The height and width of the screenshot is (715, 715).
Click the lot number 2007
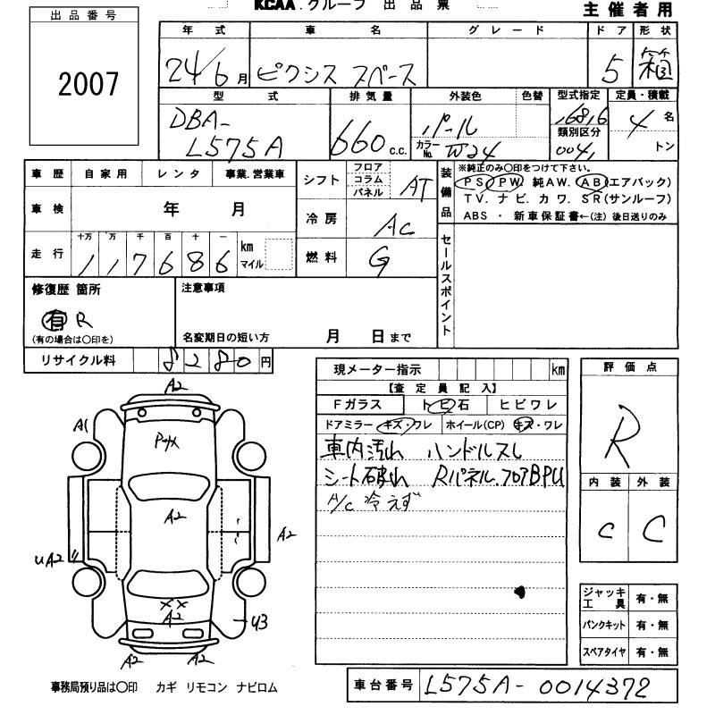pyautogui.click(x=88, y=84)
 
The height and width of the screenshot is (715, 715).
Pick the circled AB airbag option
pyautogui.click(x=593, y=181)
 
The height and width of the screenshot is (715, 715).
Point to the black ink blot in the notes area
pyautogui.click(x=520, y=591)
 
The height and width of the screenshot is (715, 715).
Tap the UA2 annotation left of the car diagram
pyautogui.click(x=49, y=559)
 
